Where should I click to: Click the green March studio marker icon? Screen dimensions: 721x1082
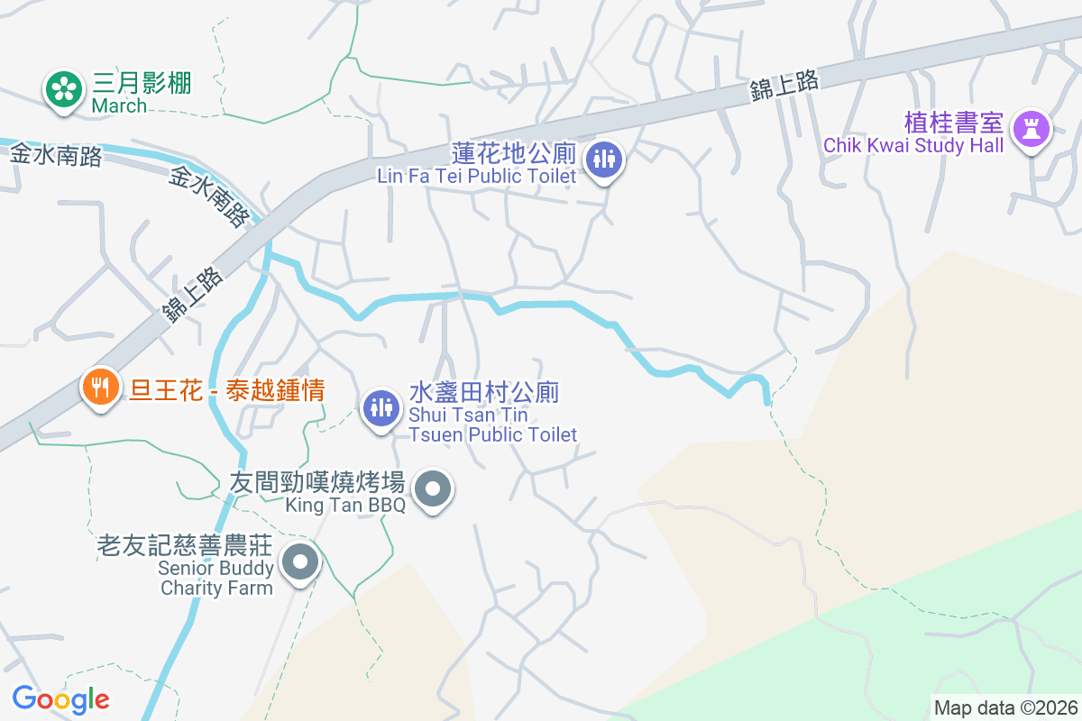[x=62, y=89]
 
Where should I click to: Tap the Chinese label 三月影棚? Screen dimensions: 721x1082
[x=142, y=84]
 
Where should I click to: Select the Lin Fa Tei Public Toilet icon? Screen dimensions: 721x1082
[x=603, y=160]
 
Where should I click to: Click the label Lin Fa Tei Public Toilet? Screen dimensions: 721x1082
[x=476, y=176]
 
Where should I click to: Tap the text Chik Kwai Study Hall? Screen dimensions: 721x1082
[x=913, y=146]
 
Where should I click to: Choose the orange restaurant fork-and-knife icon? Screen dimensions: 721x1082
[x=99, y=388]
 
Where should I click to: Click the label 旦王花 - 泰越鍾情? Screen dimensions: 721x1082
[x=226, y=390]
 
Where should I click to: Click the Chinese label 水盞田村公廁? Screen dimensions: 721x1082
[x=484, y=392]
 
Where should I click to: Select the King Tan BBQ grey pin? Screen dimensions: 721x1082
[x=434, y=489]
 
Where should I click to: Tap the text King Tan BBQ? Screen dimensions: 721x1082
[x=345, y=505]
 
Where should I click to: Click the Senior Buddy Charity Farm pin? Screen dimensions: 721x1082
[x=300, y=564]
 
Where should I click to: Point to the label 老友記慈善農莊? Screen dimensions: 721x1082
[x=187, y=546]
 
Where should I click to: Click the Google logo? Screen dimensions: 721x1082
[x=60, y=698]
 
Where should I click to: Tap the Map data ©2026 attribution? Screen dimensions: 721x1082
[x=1005, y=707]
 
